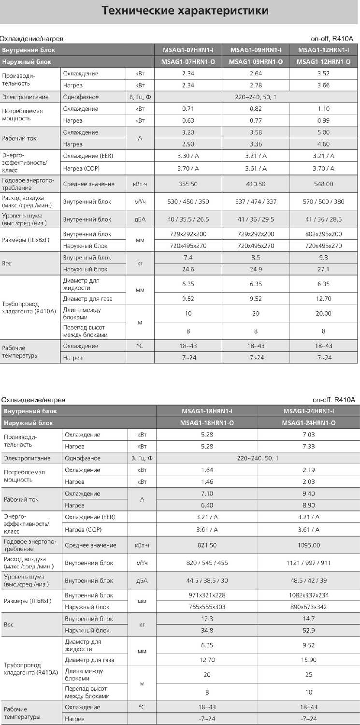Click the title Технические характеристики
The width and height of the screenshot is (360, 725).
coord(186,11)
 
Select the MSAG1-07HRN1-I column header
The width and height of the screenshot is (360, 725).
coord(188,50)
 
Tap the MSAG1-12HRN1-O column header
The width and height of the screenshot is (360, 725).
coord(323,62)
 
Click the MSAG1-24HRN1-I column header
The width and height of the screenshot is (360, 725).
coord(309,411)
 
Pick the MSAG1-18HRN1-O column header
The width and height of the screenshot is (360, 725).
coord(207,423)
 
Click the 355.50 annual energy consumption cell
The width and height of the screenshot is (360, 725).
coord(188,184)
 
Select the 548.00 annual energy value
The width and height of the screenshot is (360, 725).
coord(323,184)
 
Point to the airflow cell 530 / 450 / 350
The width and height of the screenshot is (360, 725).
coord(188,202)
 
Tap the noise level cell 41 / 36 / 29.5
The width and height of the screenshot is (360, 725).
coord(256,219)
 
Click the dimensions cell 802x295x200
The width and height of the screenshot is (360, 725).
coord(323,234)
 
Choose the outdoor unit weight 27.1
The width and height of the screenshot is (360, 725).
coord(323,269)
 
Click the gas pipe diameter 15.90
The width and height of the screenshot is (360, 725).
coord(309,660)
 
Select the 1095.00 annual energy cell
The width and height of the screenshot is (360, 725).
coord(309,545)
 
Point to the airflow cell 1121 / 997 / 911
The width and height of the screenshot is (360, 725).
coord(309,563)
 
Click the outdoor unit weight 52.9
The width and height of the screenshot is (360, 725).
coord(309,630)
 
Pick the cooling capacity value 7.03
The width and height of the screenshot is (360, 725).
coord(309,435)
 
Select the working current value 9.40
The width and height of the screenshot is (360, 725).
coord(309,493)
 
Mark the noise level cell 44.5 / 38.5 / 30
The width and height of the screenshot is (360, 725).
coord(207,580)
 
